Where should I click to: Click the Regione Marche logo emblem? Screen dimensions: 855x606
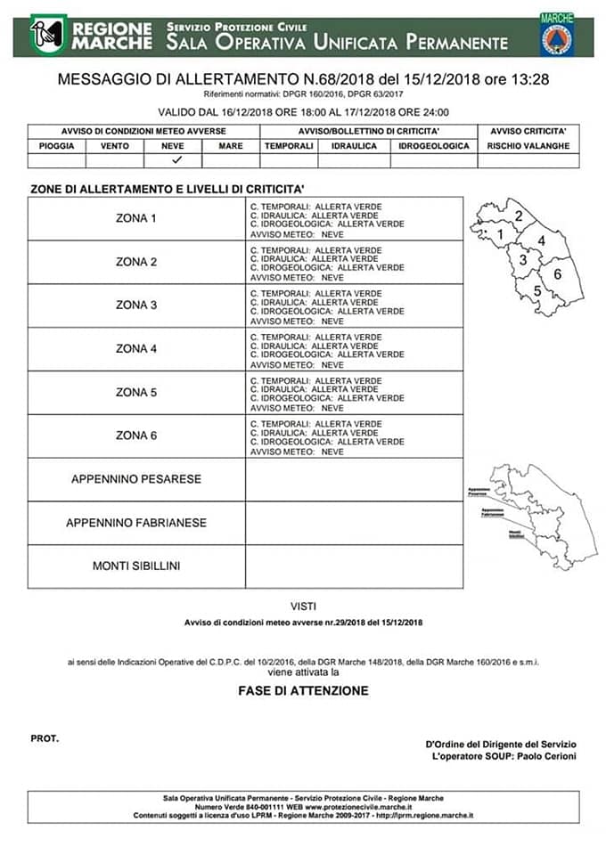coord(48,35)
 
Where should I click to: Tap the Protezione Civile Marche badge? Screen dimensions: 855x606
coord(556,35)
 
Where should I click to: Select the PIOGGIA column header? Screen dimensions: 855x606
coord(56,146)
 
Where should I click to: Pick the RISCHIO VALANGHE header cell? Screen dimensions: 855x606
coord(528,146)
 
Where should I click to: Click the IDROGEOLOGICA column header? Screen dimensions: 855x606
coord(433,146)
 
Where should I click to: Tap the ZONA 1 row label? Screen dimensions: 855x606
coord(136,218)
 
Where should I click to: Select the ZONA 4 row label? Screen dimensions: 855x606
coord(136,349)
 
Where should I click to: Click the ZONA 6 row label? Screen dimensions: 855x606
coord(136,436)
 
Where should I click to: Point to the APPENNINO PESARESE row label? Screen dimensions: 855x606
coord(136,479)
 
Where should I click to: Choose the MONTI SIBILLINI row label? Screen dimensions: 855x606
coord(136,566)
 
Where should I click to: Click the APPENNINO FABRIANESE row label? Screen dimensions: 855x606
coord(136,523)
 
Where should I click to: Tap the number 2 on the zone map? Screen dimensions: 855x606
coord(518,216)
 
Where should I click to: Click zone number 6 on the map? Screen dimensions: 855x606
coord(557,274)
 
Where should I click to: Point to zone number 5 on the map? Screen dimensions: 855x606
coord(536,290)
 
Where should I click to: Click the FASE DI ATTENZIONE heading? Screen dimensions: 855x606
coord(303,690)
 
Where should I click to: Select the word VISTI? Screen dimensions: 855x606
coord(303,606)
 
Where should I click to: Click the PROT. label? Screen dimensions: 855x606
coord(45,738)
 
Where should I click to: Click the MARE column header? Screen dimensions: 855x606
coord(230,146)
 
